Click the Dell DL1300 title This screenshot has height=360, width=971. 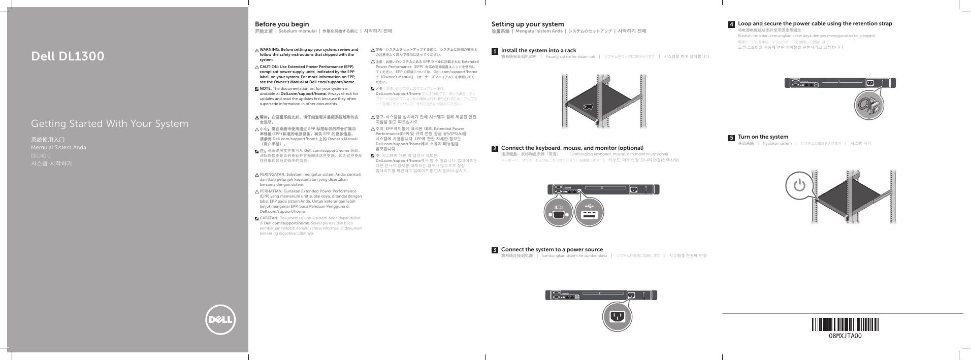point(68,56)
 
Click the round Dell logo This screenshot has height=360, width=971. point(220,320)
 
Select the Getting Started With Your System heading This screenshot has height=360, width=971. point(110,124)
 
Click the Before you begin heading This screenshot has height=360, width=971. point(281,24)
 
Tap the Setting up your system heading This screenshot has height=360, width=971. point(527,24)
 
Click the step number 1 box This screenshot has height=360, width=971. point(495,51)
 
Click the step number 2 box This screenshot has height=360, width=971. point(495,149)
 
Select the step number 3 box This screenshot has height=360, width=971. point(495,250)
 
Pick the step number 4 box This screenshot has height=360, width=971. point(731,24)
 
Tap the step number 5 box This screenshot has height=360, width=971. point(731,138)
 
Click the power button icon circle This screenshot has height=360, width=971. point(799,186)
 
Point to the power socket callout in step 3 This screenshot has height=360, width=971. point(617,316)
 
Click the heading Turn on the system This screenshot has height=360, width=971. point(763,137)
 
